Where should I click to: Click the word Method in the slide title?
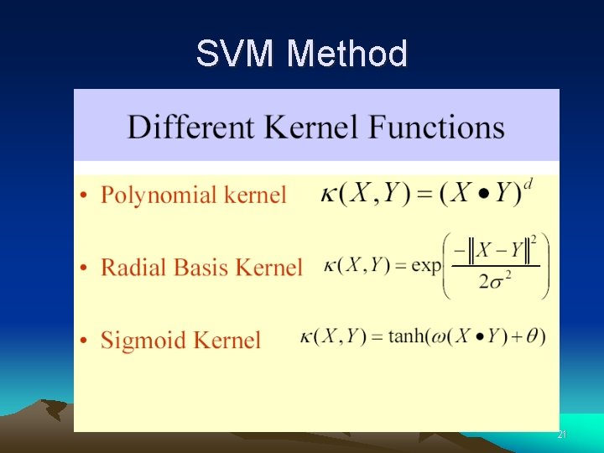coord(346,55)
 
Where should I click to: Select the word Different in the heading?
coord(190,128)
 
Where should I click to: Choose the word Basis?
coord(196,268)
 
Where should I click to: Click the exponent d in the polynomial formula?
coord(526,182)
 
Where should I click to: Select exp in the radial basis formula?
coord(426,266)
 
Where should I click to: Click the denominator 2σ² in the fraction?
coord(496,281)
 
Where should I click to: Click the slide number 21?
coord(562,435)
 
